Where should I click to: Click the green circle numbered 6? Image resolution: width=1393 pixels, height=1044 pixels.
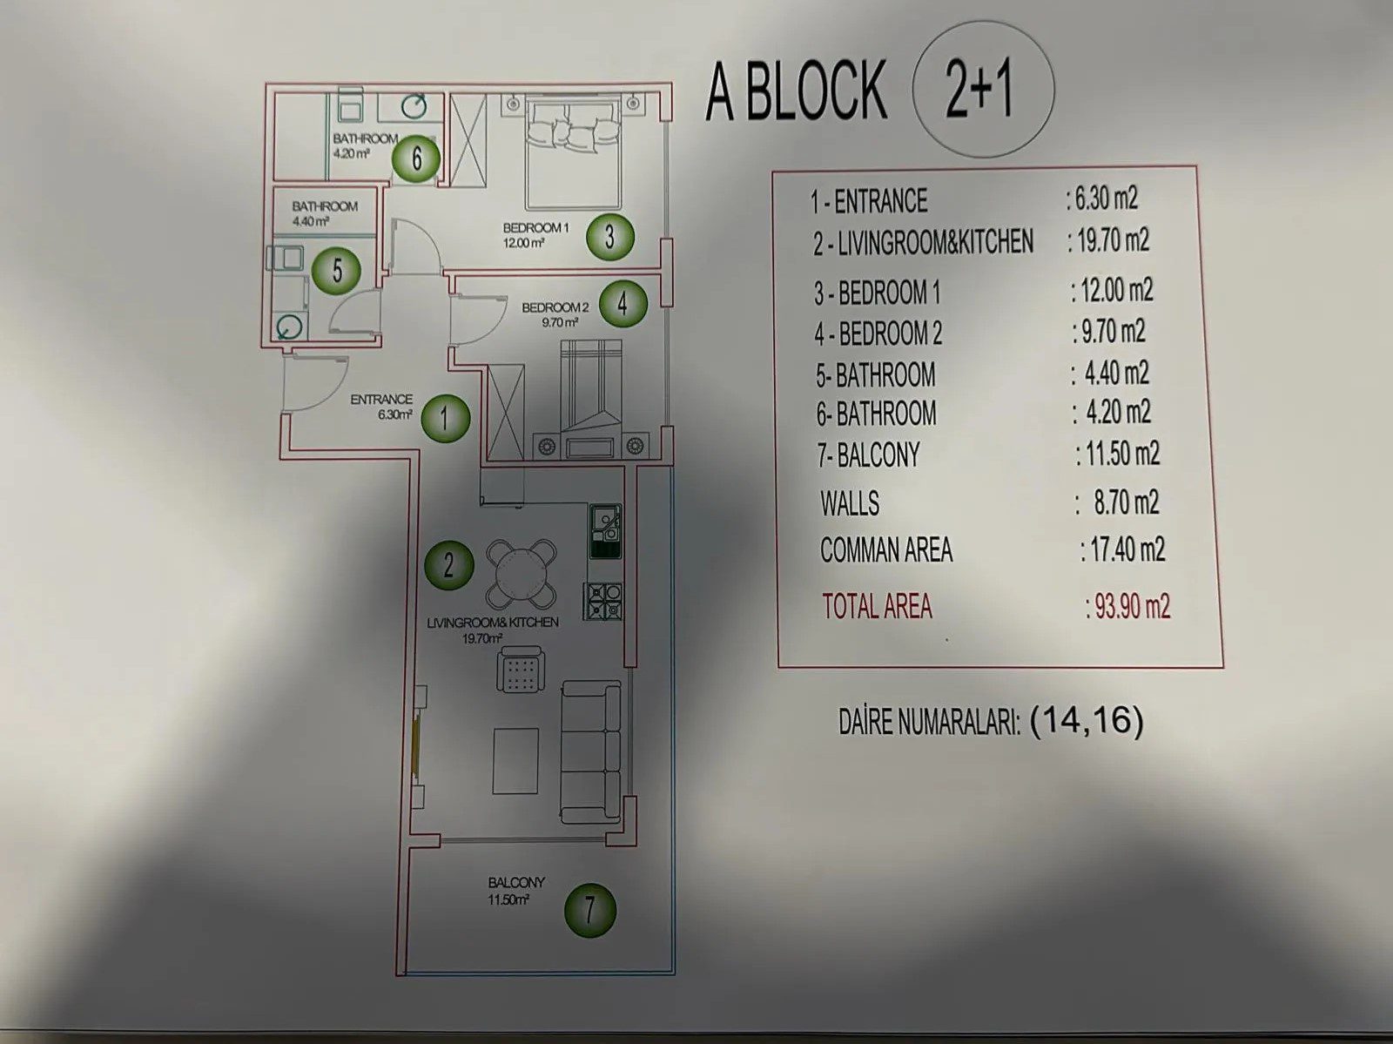414,158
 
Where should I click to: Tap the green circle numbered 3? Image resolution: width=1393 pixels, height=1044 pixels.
609,236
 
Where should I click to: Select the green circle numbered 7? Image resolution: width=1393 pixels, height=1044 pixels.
589,911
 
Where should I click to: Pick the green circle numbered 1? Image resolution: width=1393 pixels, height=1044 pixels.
445,418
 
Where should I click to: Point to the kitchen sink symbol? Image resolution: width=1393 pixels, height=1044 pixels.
605,530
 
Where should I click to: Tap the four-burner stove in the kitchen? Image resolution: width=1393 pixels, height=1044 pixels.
603,601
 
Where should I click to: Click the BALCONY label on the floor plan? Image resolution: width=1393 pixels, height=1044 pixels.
516,882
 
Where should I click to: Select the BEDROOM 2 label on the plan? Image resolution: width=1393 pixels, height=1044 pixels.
555,306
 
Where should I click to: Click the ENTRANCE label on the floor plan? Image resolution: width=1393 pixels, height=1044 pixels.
381,400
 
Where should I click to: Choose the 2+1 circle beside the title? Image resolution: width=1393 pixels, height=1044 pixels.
982,90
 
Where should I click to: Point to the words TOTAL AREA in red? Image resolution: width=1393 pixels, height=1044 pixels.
877,606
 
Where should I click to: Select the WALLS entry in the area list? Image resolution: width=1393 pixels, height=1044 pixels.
850,503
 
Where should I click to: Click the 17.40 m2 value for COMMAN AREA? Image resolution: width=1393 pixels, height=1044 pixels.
1127,550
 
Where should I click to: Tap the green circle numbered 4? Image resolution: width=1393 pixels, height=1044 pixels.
621,303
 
